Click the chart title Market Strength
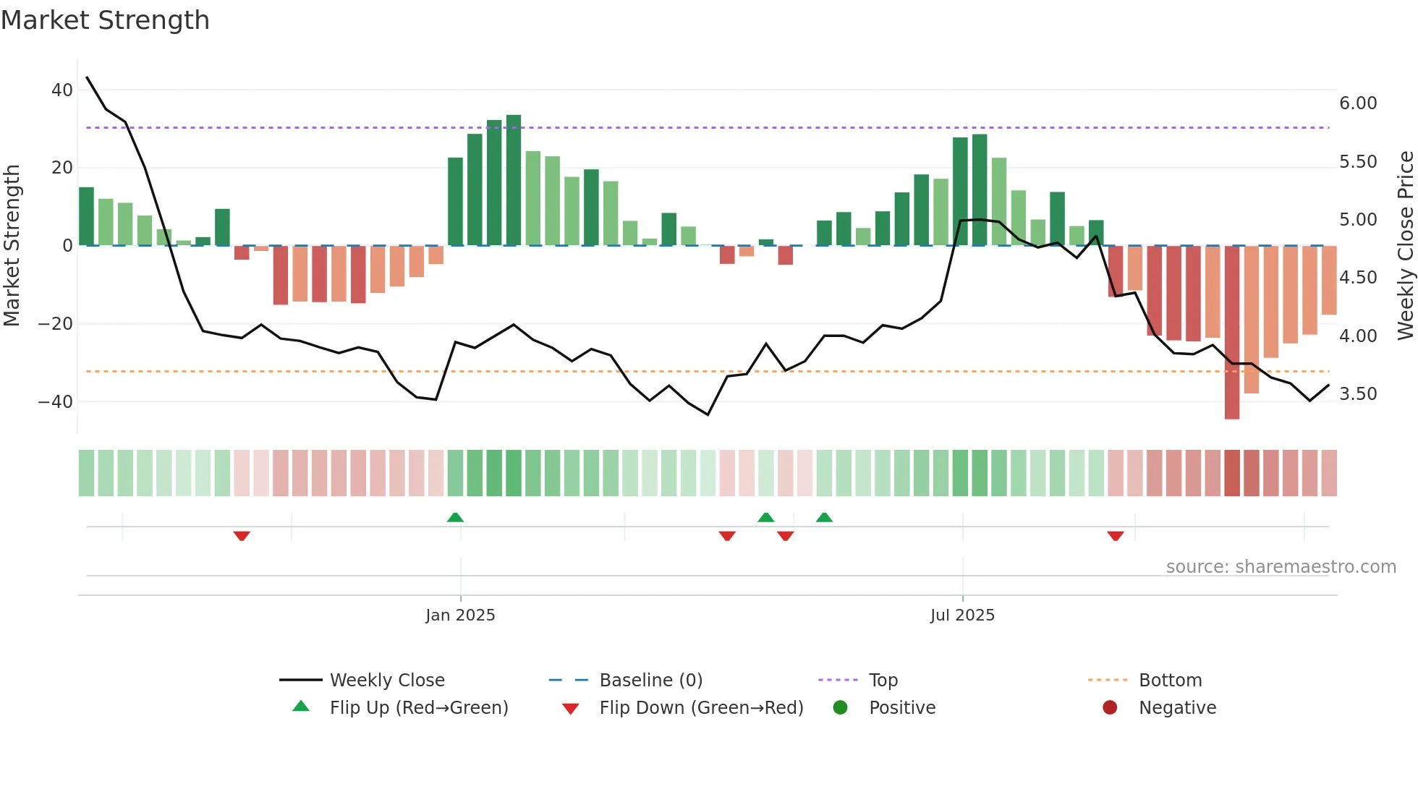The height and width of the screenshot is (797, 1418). [x=105, y=20]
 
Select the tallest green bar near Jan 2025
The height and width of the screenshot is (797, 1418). [x=514, y=180]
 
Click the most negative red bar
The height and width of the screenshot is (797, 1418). [x=1232, y=333]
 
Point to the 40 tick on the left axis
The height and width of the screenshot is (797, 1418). [x=62, y=90]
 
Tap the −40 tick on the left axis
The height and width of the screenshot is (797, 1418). [x=56, y=401]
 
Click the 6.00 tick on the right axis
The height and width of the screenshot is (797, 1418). [x=1358, y=103]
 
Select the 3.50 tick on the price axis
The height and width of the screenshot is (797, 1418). [x=1358, y=394]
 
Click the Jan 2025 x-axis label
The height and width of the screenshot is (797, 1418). [x=460, y=615]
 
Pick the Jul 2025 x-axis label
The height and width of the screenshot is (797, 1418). [x=962, y=615]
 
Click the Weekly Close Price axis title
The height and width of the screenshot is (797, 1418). [x=1405, y=246]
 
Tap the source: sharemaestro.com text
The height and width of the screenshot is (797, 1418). [x=1281, y=567]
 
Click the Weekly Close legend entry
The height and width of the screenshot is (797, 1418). [x=387, y=681]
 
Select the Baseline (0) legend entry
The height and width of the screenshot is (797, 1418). [x=650, y=681]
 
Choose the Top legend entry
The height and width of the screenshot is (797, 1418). [x=883, y=681]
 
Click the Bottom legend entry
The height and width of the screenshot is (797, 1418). [x=1170, y=681]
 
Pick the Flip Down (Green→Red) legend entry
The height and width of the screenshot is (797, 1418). [x=701, y=708]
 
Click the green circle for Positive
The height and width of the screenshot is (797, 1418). [x=840, y=708]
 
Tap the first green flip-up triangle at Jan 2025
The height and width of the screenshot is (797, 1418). [x=455, y=517]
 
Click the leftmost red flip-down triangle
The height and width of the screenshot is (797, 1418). [x=242, y=536]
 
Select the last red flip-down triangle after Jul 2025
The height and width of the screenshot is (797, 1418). [x=1116, y=536]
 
